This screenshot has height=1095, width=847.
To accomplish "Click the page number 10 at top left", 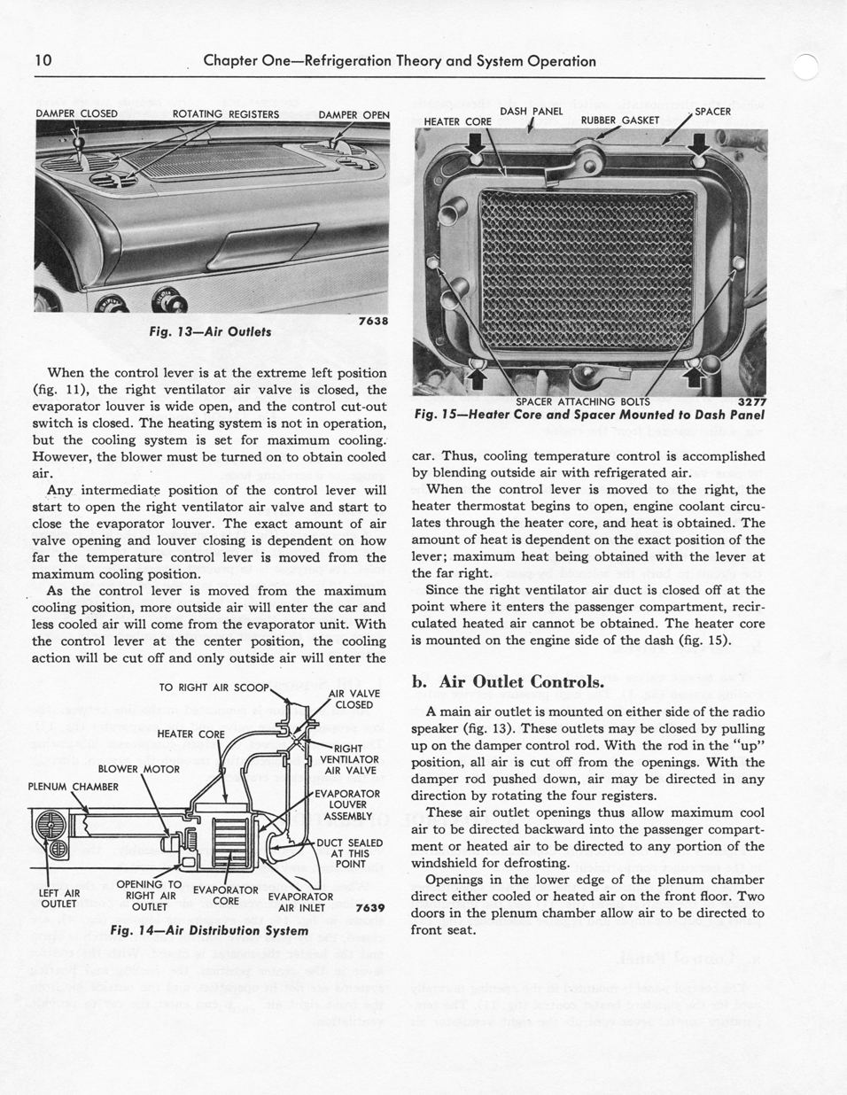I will (43, 61).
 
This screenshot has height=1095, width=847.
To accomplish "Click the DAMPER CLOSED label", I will (76, 114).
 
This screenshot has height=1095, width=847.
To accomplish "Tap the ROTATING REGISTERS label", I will (225, 114).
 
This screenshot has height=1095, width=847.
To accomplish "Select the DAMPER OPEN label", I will (354, 115).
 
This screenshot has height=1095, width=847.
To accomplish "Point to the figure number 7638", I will (373, 321).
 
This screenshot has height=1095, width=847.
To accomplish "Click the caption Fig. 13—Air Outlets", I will (211, 331).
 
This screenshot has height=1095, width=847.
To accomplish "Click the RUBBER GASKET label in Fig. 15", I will (619, 120).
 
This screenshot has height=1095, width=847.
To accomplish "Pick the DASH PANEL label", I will (531, 112).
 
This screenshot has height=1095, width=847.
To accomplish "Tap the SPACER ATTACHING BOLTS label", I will (582, 401).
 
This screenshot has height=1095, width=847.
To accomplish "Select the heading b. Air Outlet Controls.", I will (509, 682).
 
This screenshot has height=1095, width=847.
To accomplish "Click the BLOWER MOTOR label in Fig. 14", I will (138, 769).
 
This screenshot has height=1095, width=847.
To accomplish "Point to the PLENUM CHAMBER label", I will (73, 787).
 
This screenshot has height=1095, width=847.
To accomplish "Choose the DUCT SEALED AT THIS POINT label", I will (351, 853).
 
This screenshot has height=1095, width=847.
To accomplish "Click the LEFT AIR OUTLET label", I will (59, 898).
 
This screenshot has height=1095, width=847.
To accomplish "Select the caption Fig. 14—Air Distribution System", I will (208, 930).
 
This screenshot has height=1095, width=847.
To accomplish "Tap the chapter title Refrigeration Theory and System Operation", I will (399, 61).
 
